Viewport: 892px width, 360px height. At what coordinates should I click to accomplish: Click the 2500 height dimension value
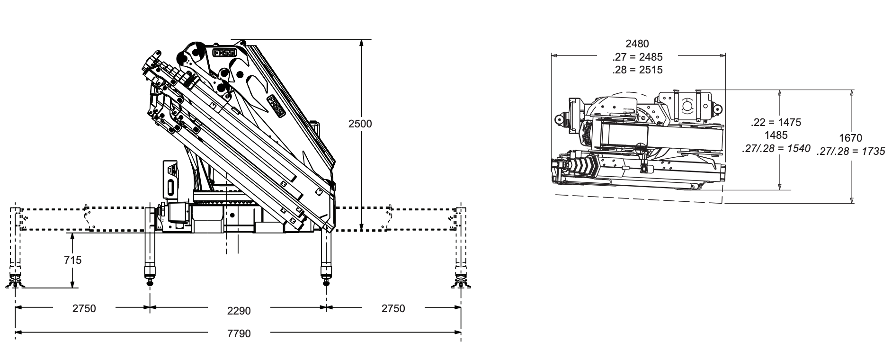pos(360,124)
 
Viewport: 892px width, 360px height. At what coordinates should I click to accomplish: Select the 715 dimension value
pos(73,260)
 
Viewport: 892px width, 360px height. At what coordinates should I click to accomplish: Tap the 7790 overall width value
pos(239,333)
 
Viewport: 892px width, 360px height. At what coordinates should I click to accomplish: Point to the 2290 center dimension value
pos(239,311)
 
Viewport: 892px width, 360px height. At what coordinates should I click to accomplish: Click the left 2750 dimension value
pos(84,308)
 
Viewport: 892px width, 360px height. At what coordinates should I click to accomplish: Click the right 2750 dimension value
pos(393,308)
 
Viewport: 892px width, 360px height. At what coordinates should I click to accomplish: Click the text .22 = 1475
pos(776,122)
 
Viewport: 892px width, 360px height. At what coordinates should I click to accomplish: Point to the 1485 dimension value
pos(776,135)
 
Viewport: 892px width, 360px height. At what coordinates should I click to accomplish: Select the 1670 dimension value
pos(850,138)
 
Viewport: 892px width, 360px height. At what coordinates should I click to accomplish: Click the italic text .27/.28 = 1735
pos(850,152)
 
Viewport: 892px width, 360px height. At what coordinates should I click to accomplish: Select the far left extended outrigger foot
pos(15,283)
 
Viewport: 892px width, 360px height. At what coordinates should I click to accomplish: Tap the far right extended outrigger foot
pos(460,283)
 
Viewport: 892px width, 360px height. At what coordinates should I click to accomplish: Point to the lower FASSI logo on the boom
pos(276,106)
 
